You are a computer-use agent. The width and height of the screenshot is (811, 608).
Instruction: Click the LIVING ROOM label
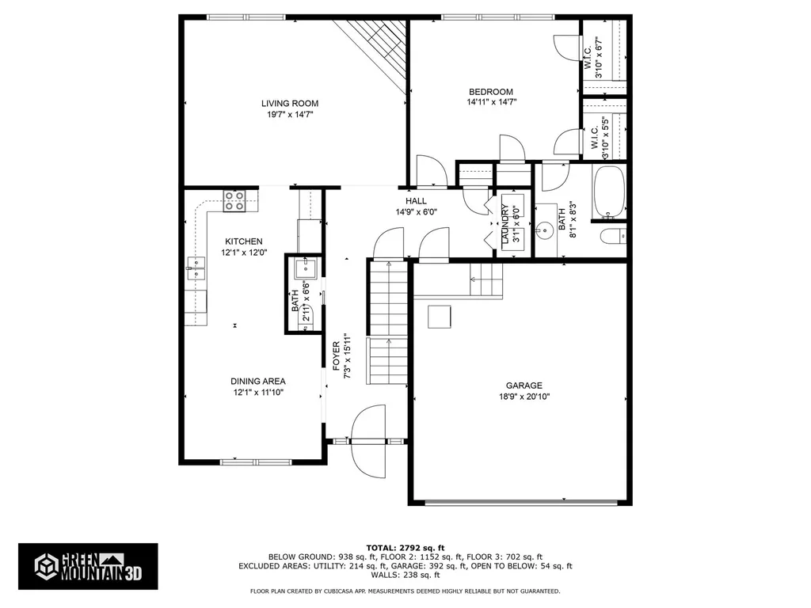coord(290,103)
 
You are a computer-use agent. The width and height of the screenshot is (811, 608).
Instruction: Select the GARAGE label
coord(524,386)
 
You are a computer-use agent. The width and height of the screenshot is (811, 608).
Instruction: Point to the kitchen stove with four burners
coord(234,201)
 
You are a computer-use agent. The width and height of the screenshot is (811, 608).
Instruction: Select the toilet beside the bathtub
coord(613,236)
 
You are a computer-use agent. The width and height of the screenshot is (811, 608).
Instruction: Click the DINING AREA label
coord(258,381)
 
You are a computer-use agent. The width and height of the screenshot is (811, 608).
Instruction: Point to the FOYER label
coord(336,356)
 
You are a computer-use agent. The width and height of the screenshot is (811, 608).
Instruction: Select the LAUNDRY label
coord(503,224)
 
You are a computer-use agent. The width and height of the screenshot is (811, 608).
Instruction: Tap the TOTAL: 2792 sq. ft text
coord(405,548)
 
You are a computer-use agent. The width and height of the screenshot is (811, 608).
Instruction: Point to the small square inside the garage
coord(440,316)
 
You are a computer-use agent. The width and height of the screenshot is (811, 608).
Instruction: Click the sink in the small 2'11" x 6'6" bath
coord(303,269)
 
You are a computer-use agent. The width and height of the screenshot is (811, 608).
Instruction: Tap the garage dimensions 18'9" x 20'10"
coord(524,397)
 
